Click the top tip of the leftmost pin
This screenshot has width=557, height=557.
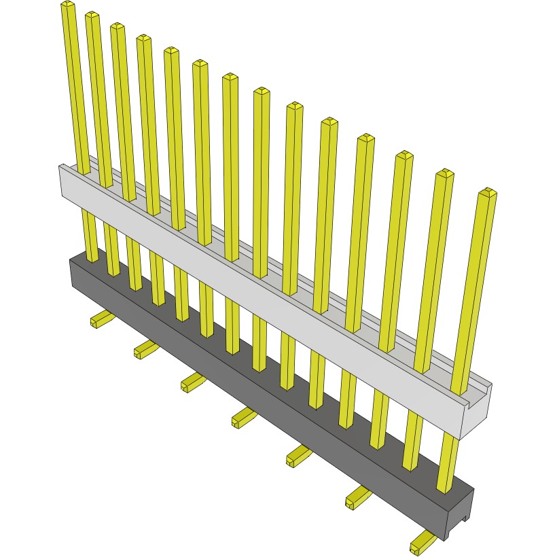(x=68, y=5)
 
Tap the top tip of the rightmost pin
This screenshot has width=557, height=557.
(x=488, y=193)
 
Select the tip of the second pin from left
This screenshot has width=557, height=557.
(x=92, y=16)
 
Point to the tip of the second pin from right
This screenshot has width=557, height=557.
(x=445, y=173)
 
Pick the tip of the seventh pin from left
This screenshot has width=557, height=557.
(x=230, y=77)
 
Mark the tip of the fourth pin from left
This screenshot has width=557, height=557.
(x=144, y=39)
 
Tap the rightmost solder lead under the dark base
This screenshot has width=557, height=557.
(x=423, y=543)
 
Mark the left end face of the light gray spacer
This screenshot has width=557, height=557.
(x=60, y=181)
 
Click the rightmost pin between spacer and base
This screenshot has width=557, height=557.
(x=448, y=462)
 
